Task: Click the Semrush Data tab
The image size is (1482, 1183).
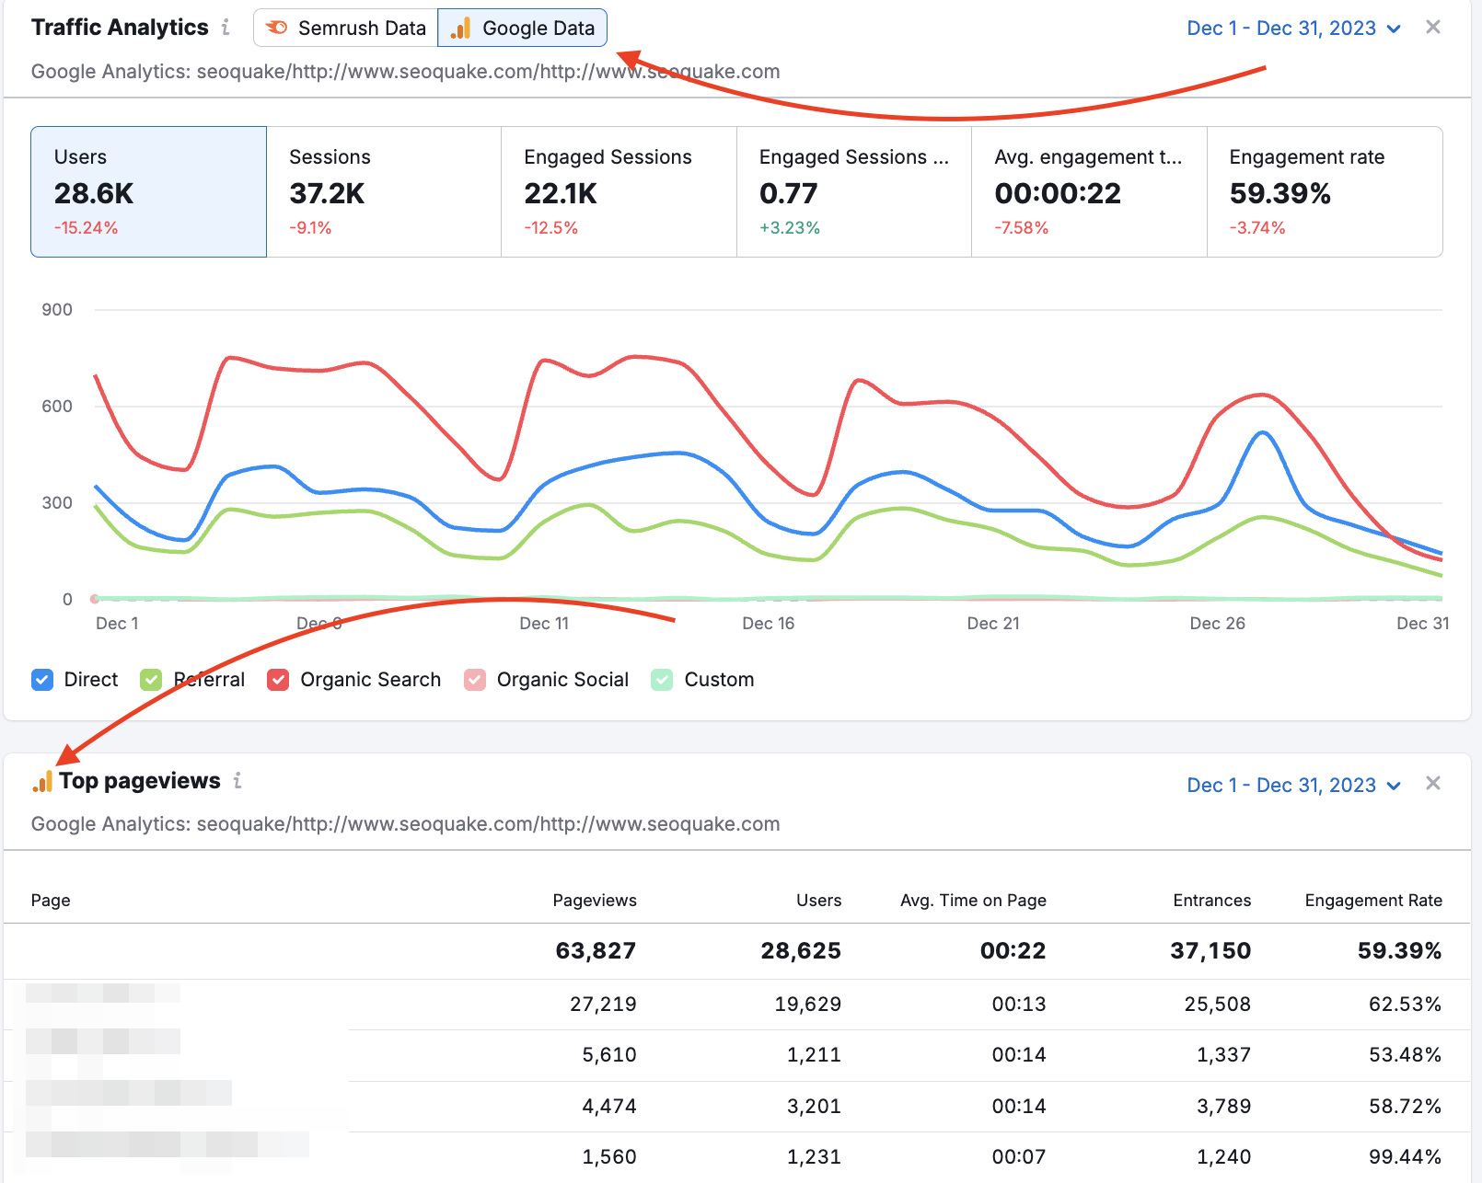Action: click(x=346, y=28)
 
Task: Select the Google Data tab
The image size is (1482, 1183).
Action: click(x=523, y=28)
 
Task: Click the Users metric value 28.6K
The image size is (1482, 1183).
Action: click(x=94, y=193)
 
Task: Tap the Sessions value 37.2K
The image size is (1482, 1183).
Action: click(x=327, y=193)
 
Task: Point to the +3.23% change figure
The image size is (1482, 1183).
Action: click(x=789, y=228)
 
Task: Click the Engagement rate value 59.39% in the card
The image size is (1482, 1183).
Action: click(x=1279, y=193)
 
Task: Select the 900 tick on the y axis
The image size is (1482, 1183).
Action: click(x=57, y=310)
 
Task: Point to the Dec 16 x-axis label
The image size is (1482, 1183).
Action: click(x=768, y=624)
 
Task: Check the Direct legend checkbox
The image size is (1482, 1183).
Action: click(x=42, y=680)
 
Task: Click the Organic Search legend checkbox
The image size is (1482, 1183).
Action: click(x=278, y=680)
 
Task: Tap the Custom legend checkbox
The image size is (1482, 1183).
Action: click(x=662, y=680)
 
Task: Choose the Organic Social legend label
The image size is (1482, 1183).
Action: click(x=562, y=680)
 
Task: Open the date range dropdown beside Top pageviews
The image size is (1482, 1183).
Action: click(x=1293, y=786)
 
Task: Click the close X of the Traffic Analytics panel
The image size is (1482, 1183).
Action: click(x=1433, y=28)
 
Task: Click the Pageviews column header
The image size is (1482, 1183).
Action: click(x=595, y=901)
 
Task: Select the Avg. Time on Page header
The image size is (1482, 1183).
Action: click(x=973, y=901)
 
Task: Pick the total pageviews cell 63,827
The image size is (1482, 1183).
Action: click(x=596, y=951)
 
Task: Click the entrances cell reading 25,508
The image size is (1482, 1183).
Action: click(x=1217, y=1005)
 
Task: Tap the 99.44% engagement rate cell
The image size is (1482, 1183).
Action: click(x=1405, y=1157)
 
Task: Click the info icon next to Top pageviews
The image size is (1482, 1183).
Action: click(x=237, y=781)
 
